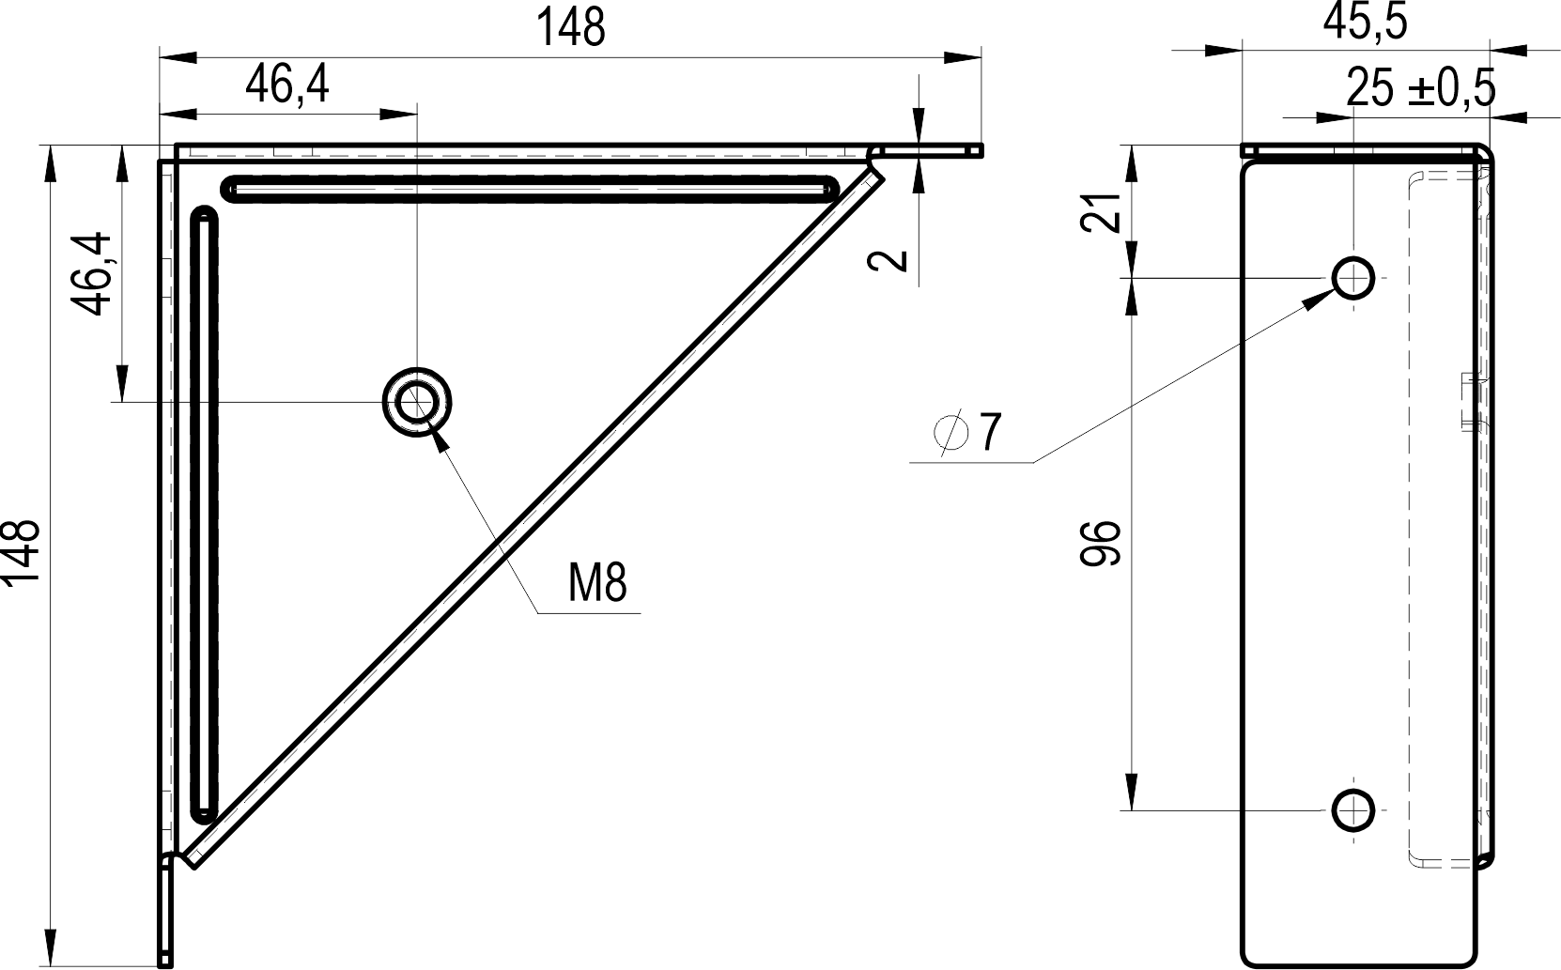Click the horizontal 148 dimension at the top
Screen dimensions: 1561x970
(570, 28)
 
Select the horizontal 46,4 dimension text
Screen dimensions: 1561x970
(287, 85)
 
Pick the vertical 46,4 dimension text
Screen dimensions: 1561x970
(91, 274)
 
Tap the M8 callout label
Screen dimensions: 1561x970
(597, 582)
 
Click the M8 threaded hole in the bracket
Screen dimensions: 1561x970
(417, 402)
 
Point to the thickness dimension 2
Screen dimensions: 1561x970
(888, 261)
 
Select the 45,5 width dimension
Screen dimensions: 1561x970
(1365, 22)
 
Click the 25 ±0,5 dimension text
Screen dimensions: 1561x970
(1421, 88)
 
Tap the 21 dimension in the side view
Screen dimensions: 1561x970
(1101, 211)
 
